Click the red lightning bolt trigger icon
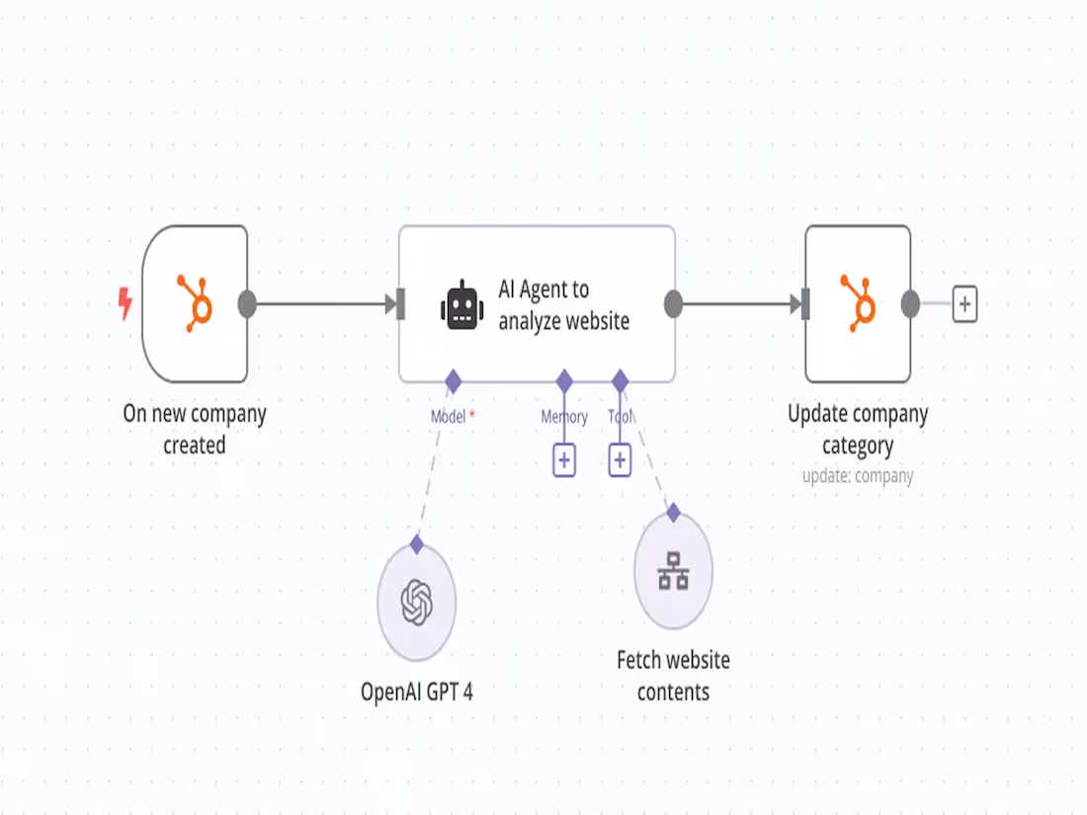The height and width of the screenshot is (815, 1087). (x=125, y=303)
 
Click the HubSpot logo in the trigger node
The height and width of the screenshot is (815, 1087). (x=195, y=303)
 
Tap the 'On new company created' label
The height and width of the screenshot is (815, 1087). (x=195, y=429)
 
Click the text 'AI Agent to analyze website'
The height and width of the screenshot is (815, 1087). (x=563, y=305)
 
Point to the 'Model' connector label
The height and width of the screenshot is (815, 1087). (x=448, y=417)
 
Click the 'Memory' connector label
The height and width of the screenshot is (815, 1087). (x=564, y=417)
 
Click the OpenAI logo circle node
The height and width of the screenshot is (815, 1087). (x=417, y=602)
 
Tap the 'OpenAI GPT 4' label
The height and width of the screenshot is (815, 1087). (x=417, y=692)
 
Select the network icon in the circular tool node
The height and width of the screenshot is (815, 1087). (x=673, y=572)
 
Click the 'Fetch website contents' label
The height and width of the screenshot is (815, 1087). (x=673, y=676)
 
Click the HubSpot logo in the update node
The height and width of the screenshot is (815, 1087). (x=858, y=303)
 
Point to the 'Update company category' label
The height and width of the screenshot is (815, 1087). (x=858, y=429)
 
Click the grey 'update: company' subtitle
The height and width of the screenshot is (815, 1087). (x=858, y=476)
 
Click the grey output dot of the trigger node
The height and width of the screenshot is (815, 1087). (x=247, y=304)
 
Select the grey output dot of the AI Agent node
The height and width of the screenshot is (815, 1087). (x=673, y=304)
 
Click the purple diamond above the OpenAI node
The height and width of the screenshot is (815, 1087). (x=417, y=544)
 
